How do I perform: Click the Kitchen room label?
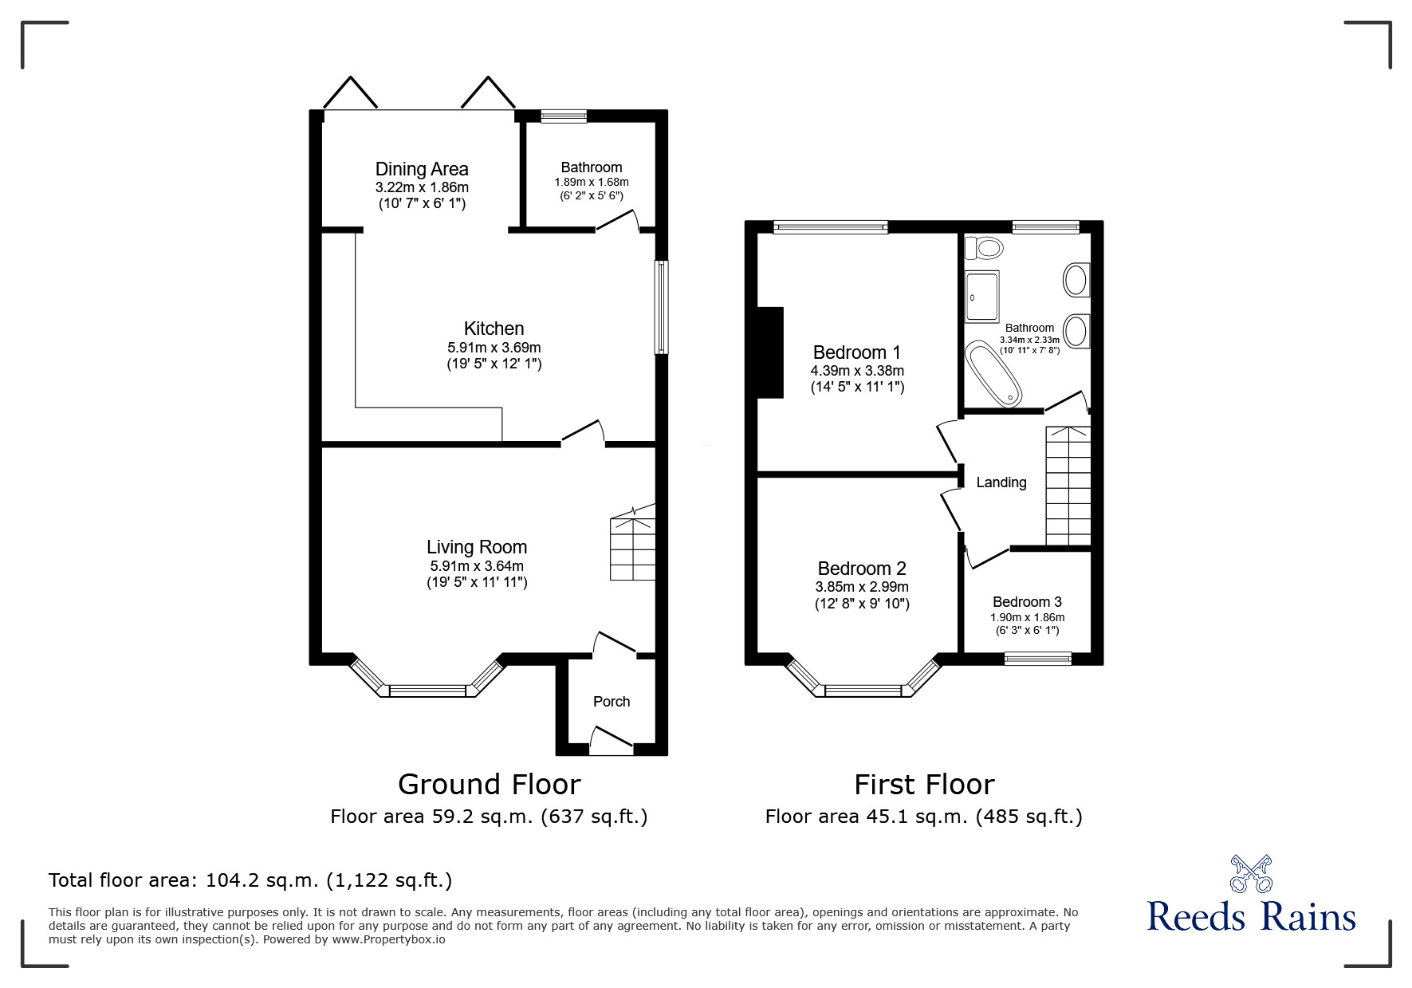494,329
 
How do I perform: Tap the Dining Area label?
422,169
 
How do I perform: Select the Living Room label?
476,547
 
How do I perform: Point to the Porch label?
612,702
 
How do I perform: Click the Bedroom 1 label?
856,352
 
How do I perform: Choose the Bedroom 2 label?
861,569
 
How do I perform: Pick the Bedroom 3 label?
1027,602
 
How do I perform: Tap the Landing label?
1001,482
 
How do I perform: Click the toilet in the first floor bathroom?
984,249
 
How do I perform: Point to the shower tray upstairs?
982,297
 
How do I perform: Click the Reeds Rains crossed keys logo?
1251,874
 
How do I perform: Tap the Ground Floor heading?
489,785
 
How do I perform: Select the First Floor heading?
924,785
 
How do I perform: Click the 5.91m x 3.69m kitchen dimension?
494,348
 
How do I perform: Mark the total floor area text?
250,880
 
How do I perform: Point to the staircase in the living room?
632,549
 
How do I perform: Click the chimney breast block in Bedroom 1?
770,352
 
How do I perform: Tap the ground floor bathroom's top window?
564,116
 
